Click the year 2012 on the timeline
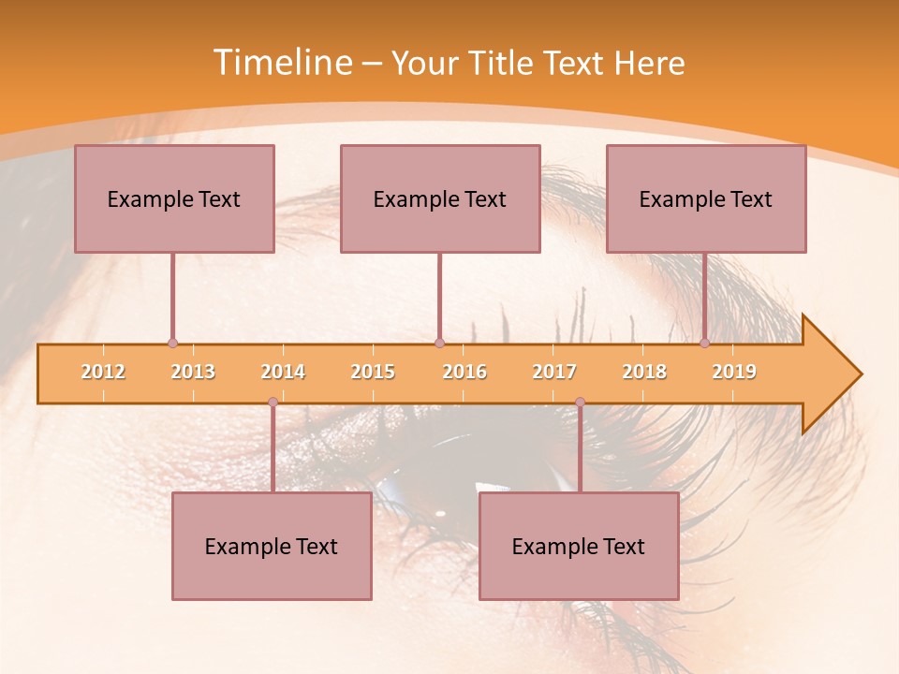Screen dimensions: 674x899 click(103, 372)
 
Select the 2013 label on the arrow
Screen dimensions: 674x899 click(193, 372)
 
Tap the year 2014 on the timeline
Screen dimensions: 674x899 click(283, 372)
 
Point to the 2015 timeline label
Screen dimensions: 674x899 click(373, 372)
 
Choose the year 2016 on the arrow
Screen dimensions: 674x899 click(464, 372)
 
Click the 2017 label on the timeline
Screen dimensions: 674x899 click(554, 372)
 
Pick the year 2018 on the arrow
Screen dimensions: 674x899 click(644, 372)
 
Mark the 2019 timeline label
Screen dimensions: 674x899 click(734, 372)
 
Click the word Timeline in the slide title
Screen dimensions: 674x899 click(280, 63)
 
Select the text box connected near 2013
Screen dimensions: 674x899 click(174, 198)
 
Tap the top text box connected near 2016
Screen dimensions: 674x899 click(440, 198)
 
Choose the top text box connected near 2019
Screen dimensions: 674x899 click(706, 198)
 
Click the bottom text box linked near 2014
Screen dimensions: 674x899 click(272, 546)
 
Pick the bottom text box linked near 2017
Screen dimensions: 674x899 click(579, 546)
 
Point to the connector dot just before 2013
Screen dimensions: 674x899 click(172, 344)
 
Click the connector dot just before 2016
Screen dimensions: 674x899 click(439, 344)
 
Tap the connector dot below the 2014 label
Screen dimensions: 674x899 click(273, 402)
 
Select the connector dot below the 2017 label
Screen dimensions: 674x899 click(580, 402)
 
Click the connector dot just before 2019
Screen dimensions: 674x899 click(705, 344)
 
